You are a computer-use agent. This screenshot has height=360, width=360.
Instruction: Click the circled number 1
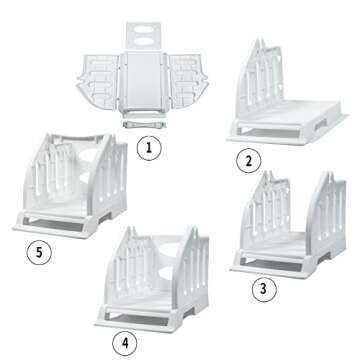pyautogui.click(x=148, y=150)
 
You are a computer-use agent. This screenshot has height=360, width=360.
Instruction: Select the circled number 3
pyautogui.click(x=262, y=290)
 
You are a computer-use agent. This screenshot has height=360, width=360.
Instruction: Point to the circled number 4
pyautogui.click(x=152, y=343)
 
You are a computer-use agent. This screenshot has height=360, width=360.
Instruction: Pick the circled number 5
pyautogui.click(x=38, y=252)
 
